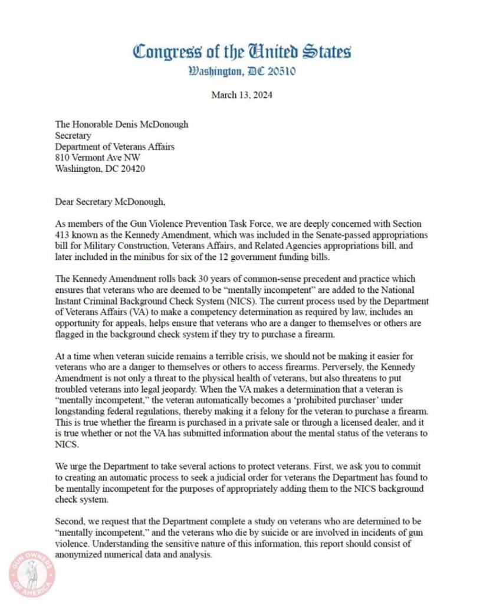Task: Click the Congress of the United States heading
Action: point(242,51)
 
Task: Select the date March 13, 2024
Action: point(242,94)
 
